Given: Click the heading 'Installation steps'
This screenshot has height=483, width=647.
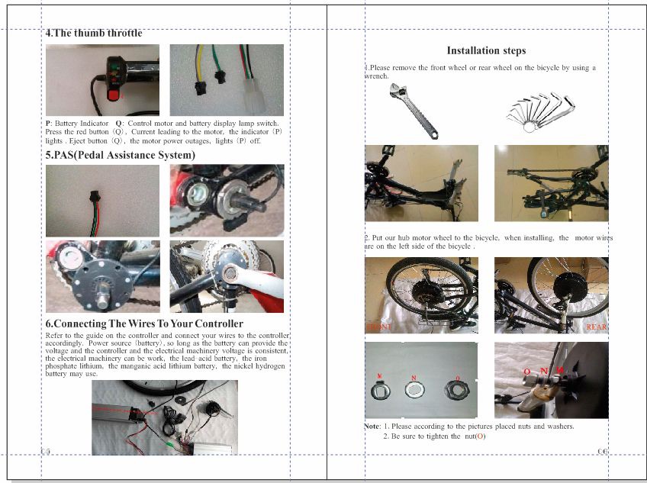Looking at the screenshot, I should pyautogui.click(x=486, y=51).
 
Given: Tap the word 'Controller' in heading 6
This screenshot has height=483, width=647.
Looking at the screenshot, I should pyautogui.click(x=217, y=324).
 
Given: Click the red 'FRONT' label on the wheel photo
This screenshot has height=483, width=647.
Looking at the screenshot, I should pyautogui.click(x=378, y=327).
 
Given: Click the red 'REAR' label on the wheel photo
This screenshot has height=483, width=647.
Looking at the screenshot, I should pyautogui.click(x=596, y=327).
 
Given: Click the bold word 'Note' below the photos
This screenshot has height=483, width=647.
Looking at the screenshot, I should pyautogui.click(x=372, y=427).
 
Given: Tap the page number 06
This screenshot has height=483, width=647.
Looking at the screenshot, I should pyautogui.click(x=602, y=451).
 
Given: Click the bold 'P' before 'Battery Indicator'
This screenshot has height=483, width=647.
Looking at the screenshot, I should pyautogui.click(x=48, y=123).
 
